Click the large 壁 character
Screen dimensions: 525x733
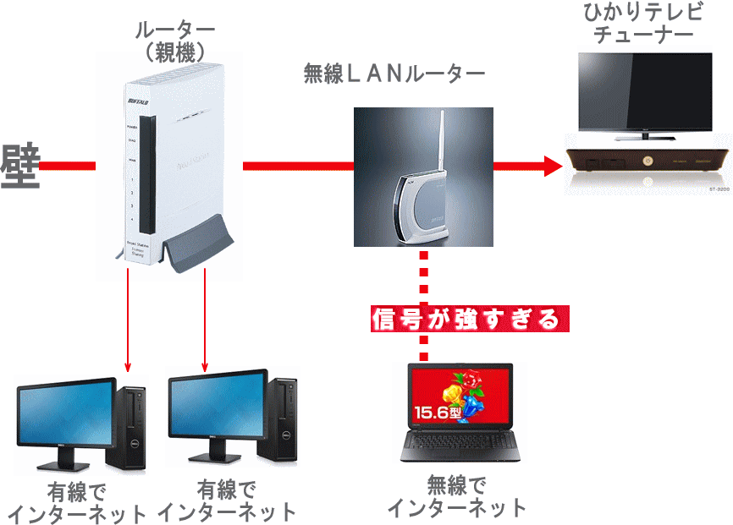point(20,166)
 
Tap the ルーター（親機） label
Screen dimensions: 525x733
point(174,41)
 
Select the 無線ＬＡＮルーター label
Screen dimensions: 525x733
point(394,74)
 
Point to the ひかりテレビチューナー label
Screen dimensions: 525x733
point(644,24)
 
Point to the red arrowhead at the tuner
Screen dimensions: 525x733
point(554,165)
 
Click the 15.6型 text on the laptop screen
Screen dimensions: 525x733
point(437,414)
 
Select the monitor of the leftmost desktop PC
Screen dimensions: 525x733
point(65,413)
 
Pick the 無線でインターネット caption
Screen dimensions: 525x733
point(457,496)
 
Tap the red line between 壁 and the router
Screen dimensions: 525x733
point(68,165)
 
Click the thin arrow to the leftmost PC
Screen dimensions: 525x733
point(128,321)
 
